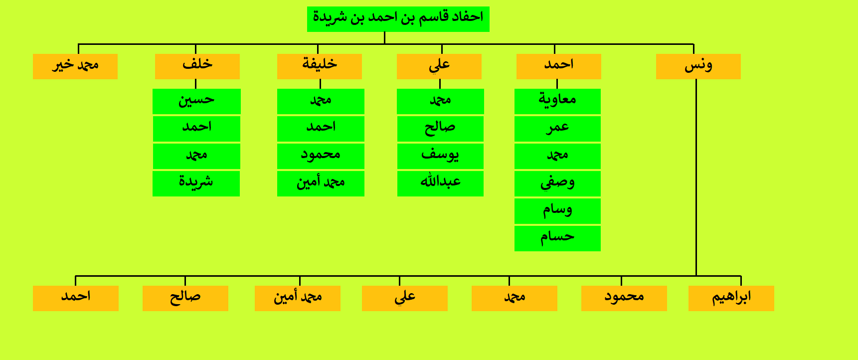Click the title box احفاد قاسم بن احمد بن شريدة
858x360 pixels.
[x=398, y=19]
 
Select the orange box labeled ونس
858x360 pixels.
[x=698, y=66]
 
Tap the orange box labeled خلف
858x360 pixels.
[x=197, y=66]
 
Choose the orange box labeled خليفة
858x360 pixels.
[x=319, y=66]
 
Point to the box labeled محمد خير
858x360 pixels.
[x=75, y=66]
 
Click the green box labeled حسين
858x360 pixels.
[x=196, y=101]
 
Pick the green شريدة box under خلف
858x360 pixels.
[x=196, y=183]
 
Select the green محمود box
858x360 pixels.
[x=321, y=156]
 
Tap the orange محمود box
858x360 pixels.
[x=624, y=298]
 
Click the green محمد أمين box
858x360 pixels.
[x=321, y=183]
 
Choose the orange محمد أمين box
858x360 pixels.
[x=297, y=298]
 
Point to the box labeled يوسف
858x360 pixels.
[x=440, y=156]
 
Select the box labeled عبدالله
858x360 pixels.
[x=440, y=183]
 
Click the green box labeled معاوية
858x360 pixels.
[x=557, y=101]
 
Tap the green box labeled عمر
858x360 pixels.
[x=557, y=129]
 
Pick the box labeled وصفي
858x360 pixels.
[x=557, y=183]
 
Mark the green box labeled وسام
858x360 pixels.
[x=557, y=211]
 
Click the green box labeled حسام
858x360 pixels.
[x=557, y=238]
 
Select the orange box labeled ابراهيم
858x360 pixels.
[x=731, y=298]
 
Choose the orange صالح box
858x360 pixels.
[x=185, y=298]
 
